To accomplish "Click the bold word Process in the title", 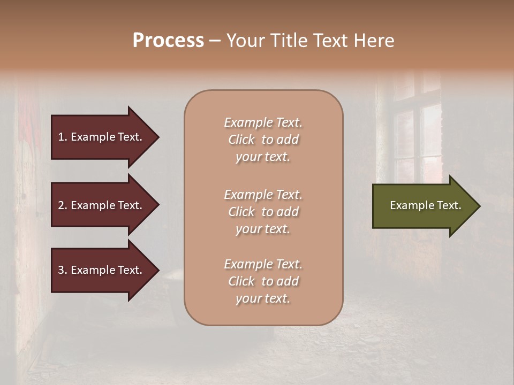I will [x=168, y=41].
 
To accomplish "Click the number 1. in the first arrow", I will [x=63, y=137].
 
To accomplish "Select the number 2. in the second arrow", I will [x=63, y=205].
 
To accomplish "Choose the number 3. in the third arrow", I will [x=63, y=270].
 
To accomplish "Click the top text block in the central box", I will [x=263, y=140].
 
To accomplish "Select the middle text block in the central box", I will [x=263, y=212].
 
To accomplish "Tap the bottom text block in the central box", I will [x=263, y=281].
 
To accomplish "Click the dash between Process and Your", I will [x=215, y=41].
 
